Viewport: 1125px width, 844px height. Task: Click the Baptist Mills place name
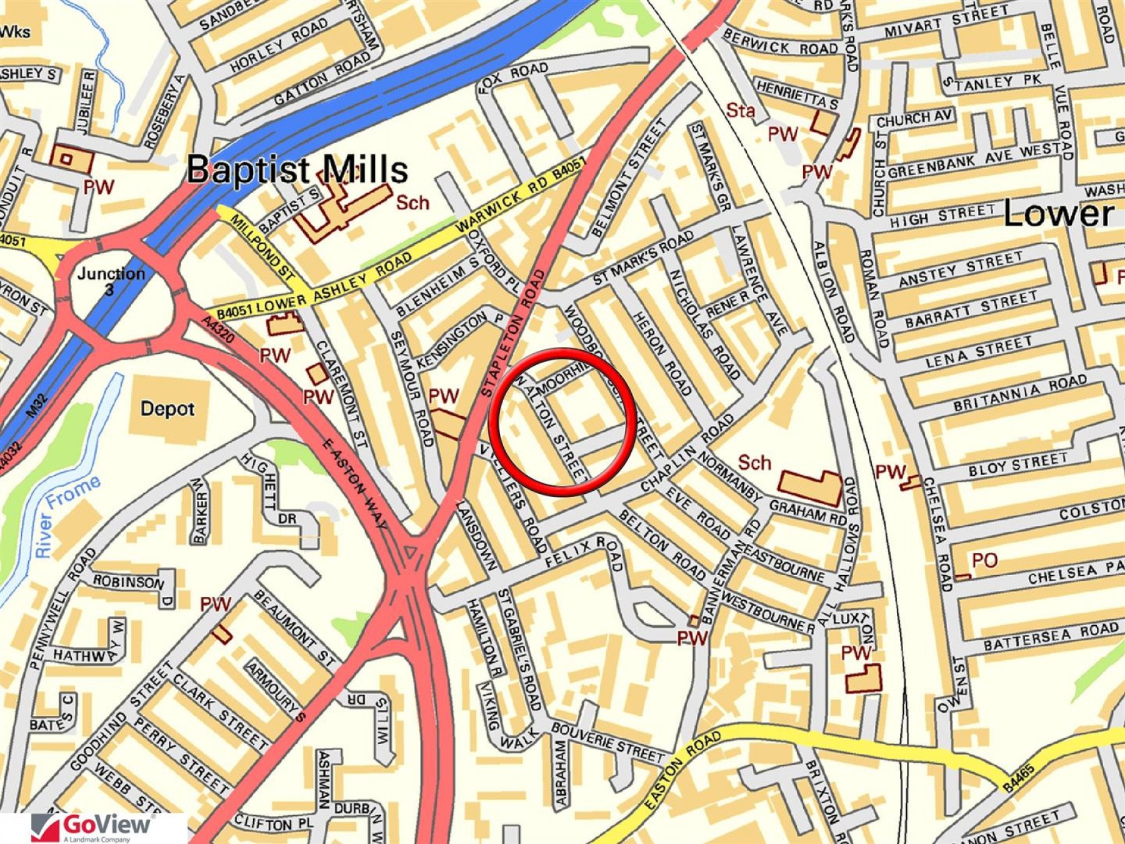pyautogui.click(x=297, y=169)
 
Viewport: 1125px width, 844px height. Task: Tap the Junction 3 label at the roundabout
pyautogui.click(x=111, y=280)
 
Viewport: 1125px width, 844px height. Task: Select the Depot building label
pyautogui.click(x=167, y=409)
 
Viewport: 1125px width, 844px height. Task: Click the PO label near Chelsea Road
pyautogui.click(x=984, y=560)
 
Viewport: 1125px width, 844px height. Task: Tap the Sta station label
pyautogui.click(x=740, y=111)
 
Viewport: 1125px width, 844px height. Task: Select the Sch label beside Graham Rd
pyautogui.click(x=754, y=463)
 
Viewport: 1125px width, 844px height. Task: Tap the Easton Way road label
pyautogui.click(x=354, y=483)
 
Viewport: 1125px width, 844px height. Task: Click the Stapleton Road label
pyautogui.click(x=514, y=334)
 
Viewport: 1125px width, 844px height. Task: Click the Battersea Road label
pyautogui.click(x=1050, y=635)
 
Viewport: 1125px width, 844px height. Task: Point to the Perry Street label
pyautogui.click(x=181, y=756)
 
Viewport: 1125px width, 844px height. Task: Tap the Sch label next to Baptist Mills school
pyautogui.click(x=412, y=203)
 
